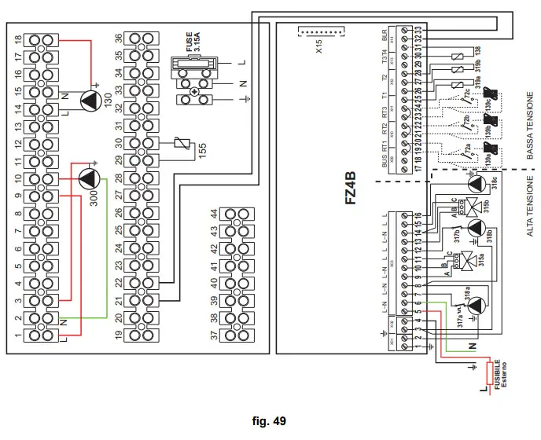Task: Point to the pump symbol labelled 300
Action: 89,179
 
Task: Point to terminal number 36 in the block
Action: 118,39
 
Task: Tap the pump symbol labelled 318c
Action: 476,184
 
